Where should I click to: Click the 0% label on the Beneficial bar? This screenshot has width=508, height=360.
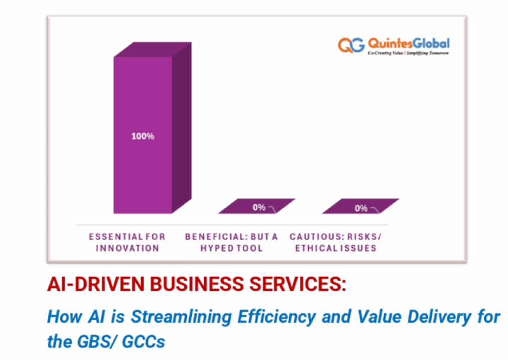259,207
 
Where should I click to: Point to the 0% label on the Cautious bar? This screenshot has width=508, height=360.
361,208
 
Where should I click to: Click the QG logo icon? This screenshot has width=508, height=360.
351,46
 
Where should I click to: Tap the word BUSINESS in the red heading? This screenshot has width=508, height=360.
190,284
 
